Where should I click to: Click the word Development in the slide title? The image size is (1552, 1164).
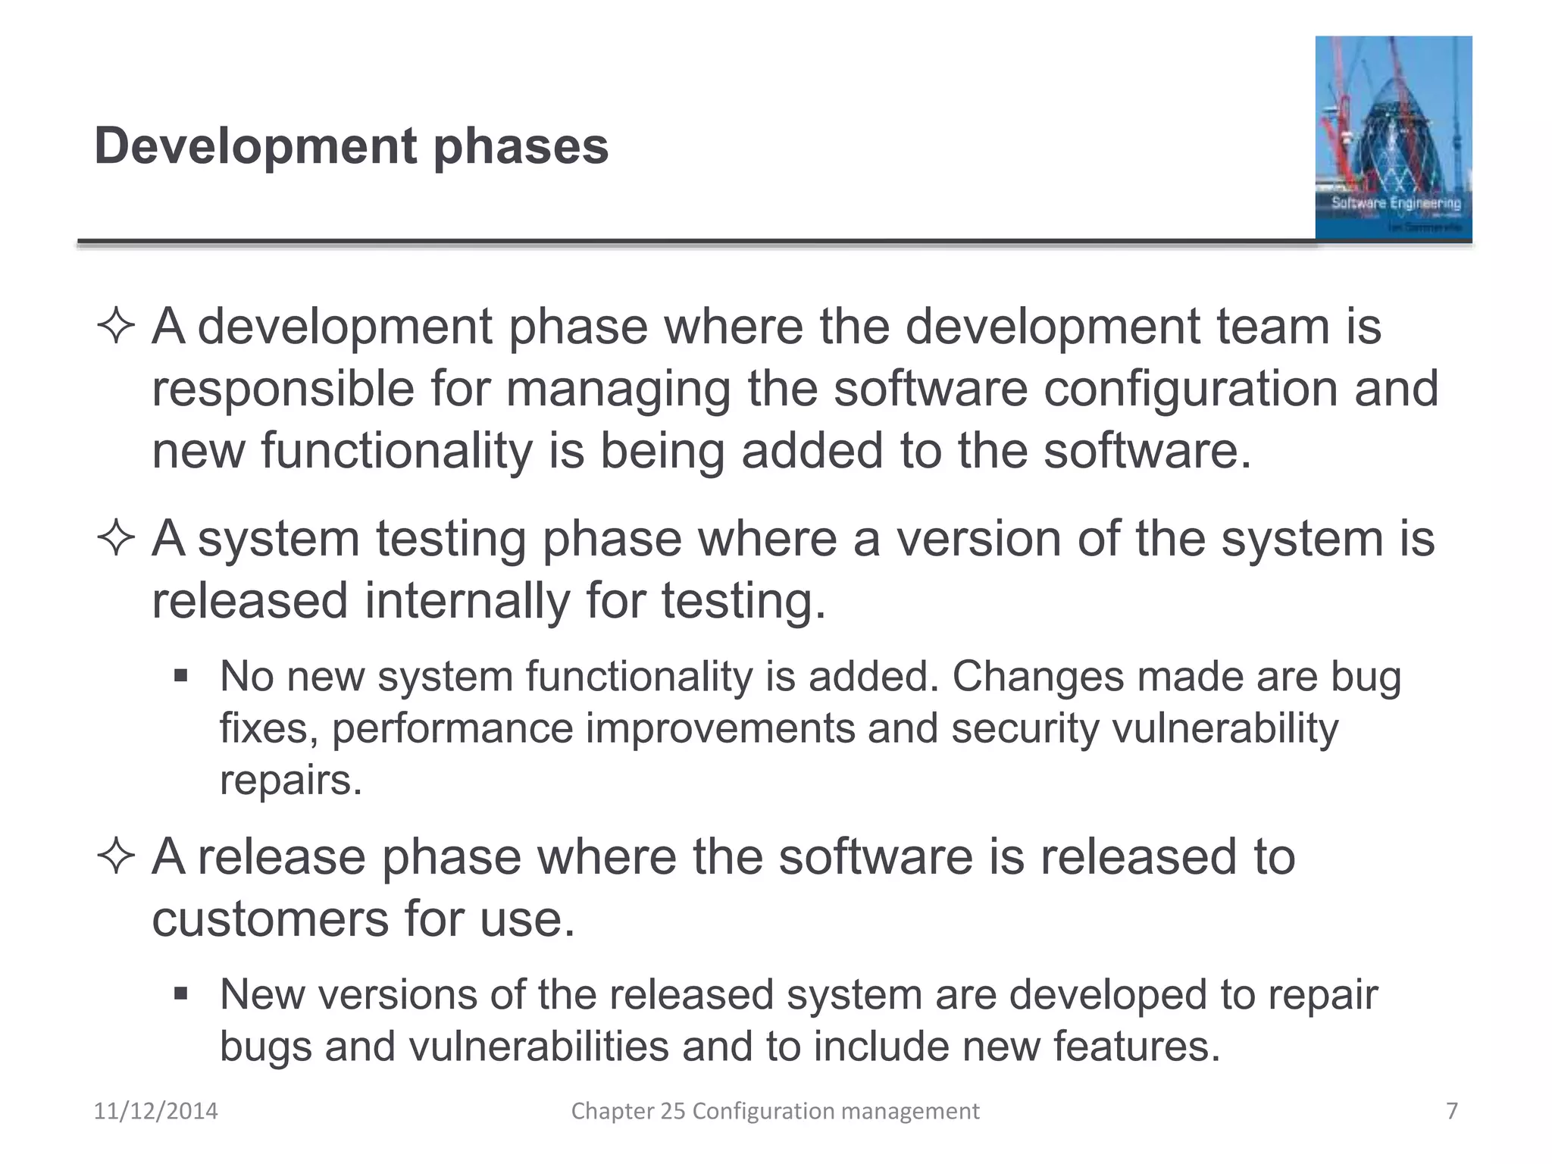(255, 146)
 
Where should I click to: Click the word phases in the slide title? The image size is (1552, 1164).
(521, 146)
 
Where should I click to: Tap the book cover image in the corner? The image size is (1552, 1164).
(1393, 138)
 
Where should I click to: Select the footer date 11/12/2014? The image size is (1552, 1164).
(155, 1111)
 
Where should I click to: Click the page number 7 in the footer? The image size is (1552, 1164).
(1451, 1111)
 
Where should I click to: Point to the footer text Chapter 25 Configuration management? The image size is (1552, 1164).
(774, 1111)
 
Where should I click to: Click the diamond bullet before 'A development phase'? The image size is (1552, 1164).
(116, 328)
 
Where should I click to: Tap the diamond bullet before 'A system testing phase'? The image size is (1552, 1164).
(116, 540)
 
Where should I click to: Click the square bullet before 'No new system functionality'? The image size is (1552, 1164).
(180, 674)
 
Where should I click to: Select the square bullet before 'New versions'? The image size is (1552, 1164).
(180, 993)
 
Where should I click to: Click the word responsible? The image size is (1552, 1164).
(283, 390)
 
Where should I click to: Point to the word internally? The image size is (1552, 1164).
(466, 601)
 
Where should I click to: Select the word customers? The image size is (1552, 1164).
(269, 919)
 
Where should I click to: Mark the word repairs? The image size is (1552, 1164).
(290, 781)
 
